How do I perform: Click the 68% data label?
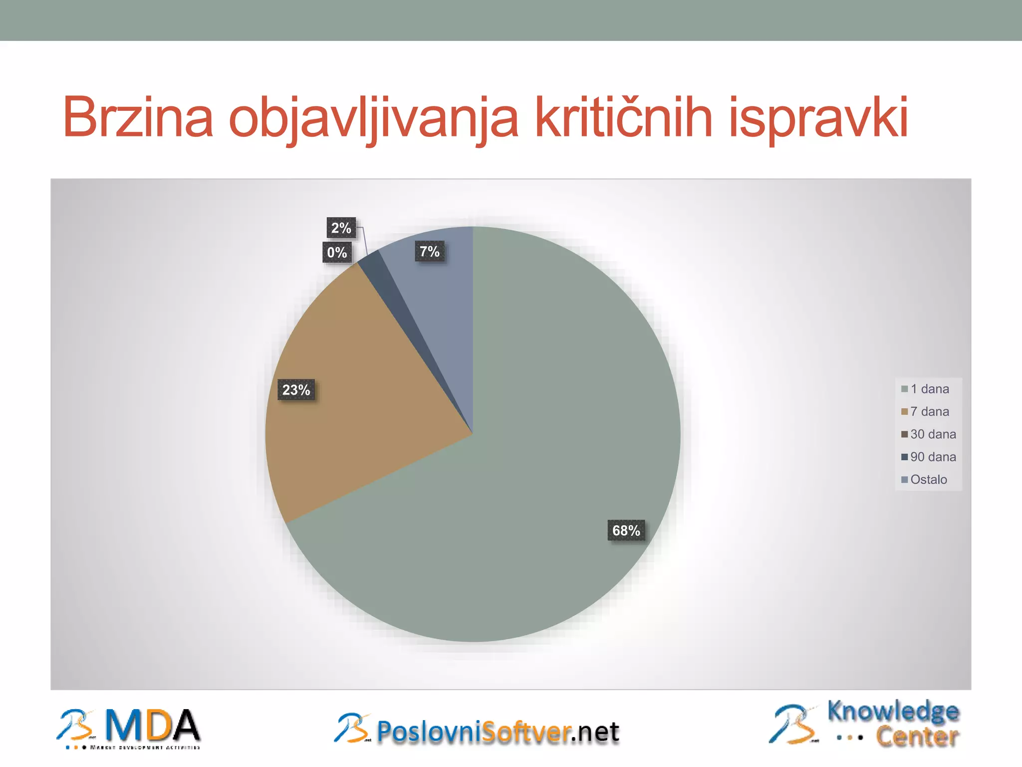(x=626, y=530)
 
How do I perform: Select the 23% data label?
(x=296, y=390)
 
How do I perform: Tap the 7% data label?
(x=429, y=251)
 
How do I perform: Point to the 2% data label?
(x=341, y=228)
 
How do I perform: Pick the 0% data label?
(x=337, y=252)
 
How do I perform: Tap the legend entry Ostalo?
(x=927, y=479)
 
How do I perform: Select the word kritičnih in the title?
(x=623, y=117)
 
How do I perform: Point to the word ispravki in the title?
(x=818, y=117)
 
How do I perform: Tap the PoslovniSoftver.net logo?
(x=477, y=730)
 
